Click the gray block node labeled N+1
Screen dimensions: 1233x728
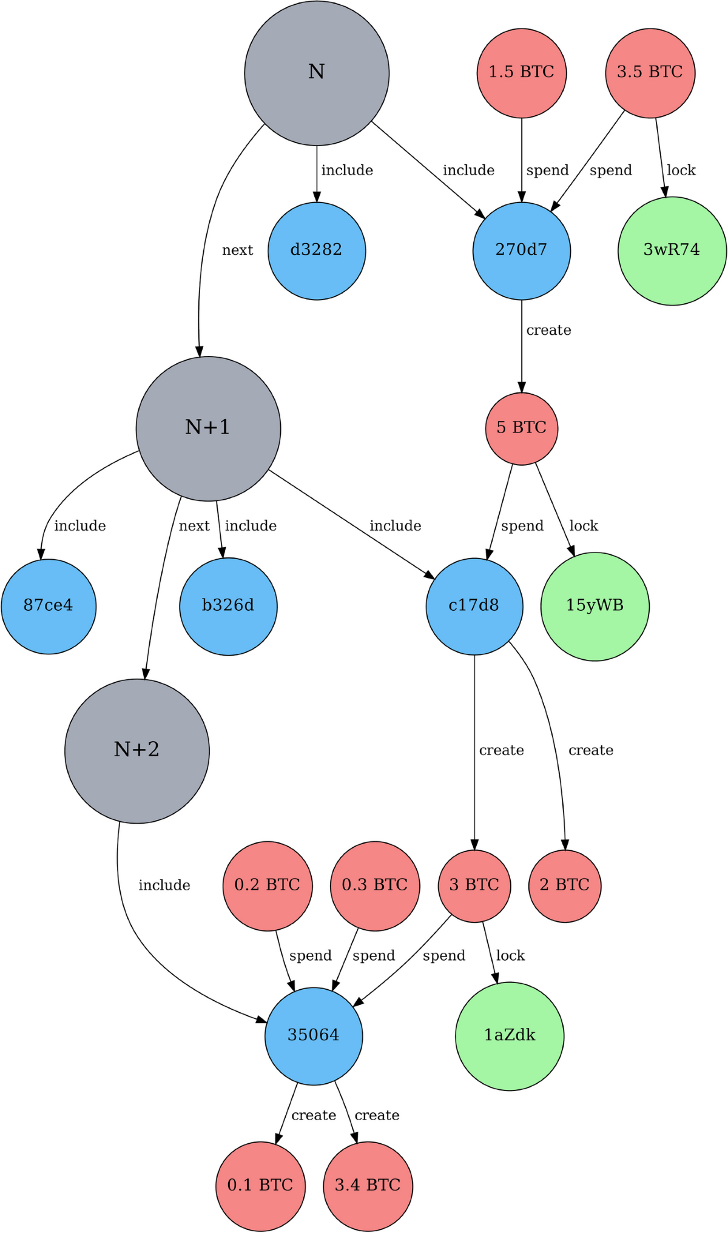[208, 428]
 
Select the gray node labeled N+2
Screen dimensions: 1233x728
[137, 750]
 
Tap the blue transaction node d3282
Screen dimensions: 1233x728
[317, 250]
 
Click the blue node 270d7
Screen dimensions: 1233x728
[522, 250]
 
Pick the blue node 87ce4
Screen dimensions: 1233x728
[49, 606]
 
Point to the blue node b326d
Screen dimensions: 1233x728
[228, 606]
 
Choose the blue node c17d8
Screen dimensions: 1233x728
[474, 606]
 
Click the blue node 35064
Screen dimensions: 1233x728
[314, 1035]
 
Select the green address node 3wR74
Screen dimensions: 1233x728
[672, 250]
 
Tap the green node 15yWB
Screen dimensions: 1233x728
[595, 606]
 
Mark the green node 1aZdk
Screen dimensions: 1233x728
[510, 1035]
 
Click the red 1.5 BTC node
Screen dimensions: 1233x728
[522, 73]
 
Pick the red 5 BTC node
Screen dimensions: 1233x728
[522, 428]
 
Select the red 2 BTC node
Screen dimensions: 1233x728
[565, 885]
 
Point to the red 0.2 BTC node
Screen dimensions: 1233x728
[268, 885]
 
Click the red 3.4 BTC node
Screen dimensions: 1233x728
[368, 1186]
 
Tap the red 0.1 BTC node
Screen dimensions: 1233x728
[260, 1186]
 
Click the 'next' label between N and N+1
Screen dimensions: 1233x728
[237, 250]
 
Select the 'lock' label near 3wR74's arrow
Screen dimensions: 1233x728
[681, 170]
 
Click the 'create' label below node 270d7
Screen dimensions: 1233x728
[548, 331]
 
